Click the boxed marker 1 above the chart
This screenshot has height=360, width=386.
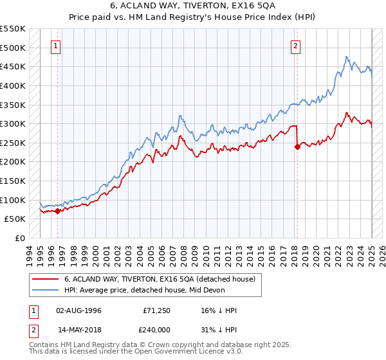(56, 46)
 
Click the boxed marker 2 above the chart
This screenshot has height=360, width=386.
(295, 46)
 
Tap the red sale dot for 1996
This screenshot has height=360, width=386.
(57, 210)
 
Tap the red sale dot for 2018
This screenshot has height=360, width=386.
(297, 147)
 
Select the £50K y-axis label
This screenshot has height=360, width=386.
(15, 219)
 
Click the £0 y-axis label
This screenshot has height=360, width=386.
(19, 238)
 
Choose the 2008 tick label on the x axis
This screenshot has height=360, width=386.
(185, 254)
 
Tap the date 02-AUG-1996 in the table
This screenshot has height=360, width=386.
(78, 310)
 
